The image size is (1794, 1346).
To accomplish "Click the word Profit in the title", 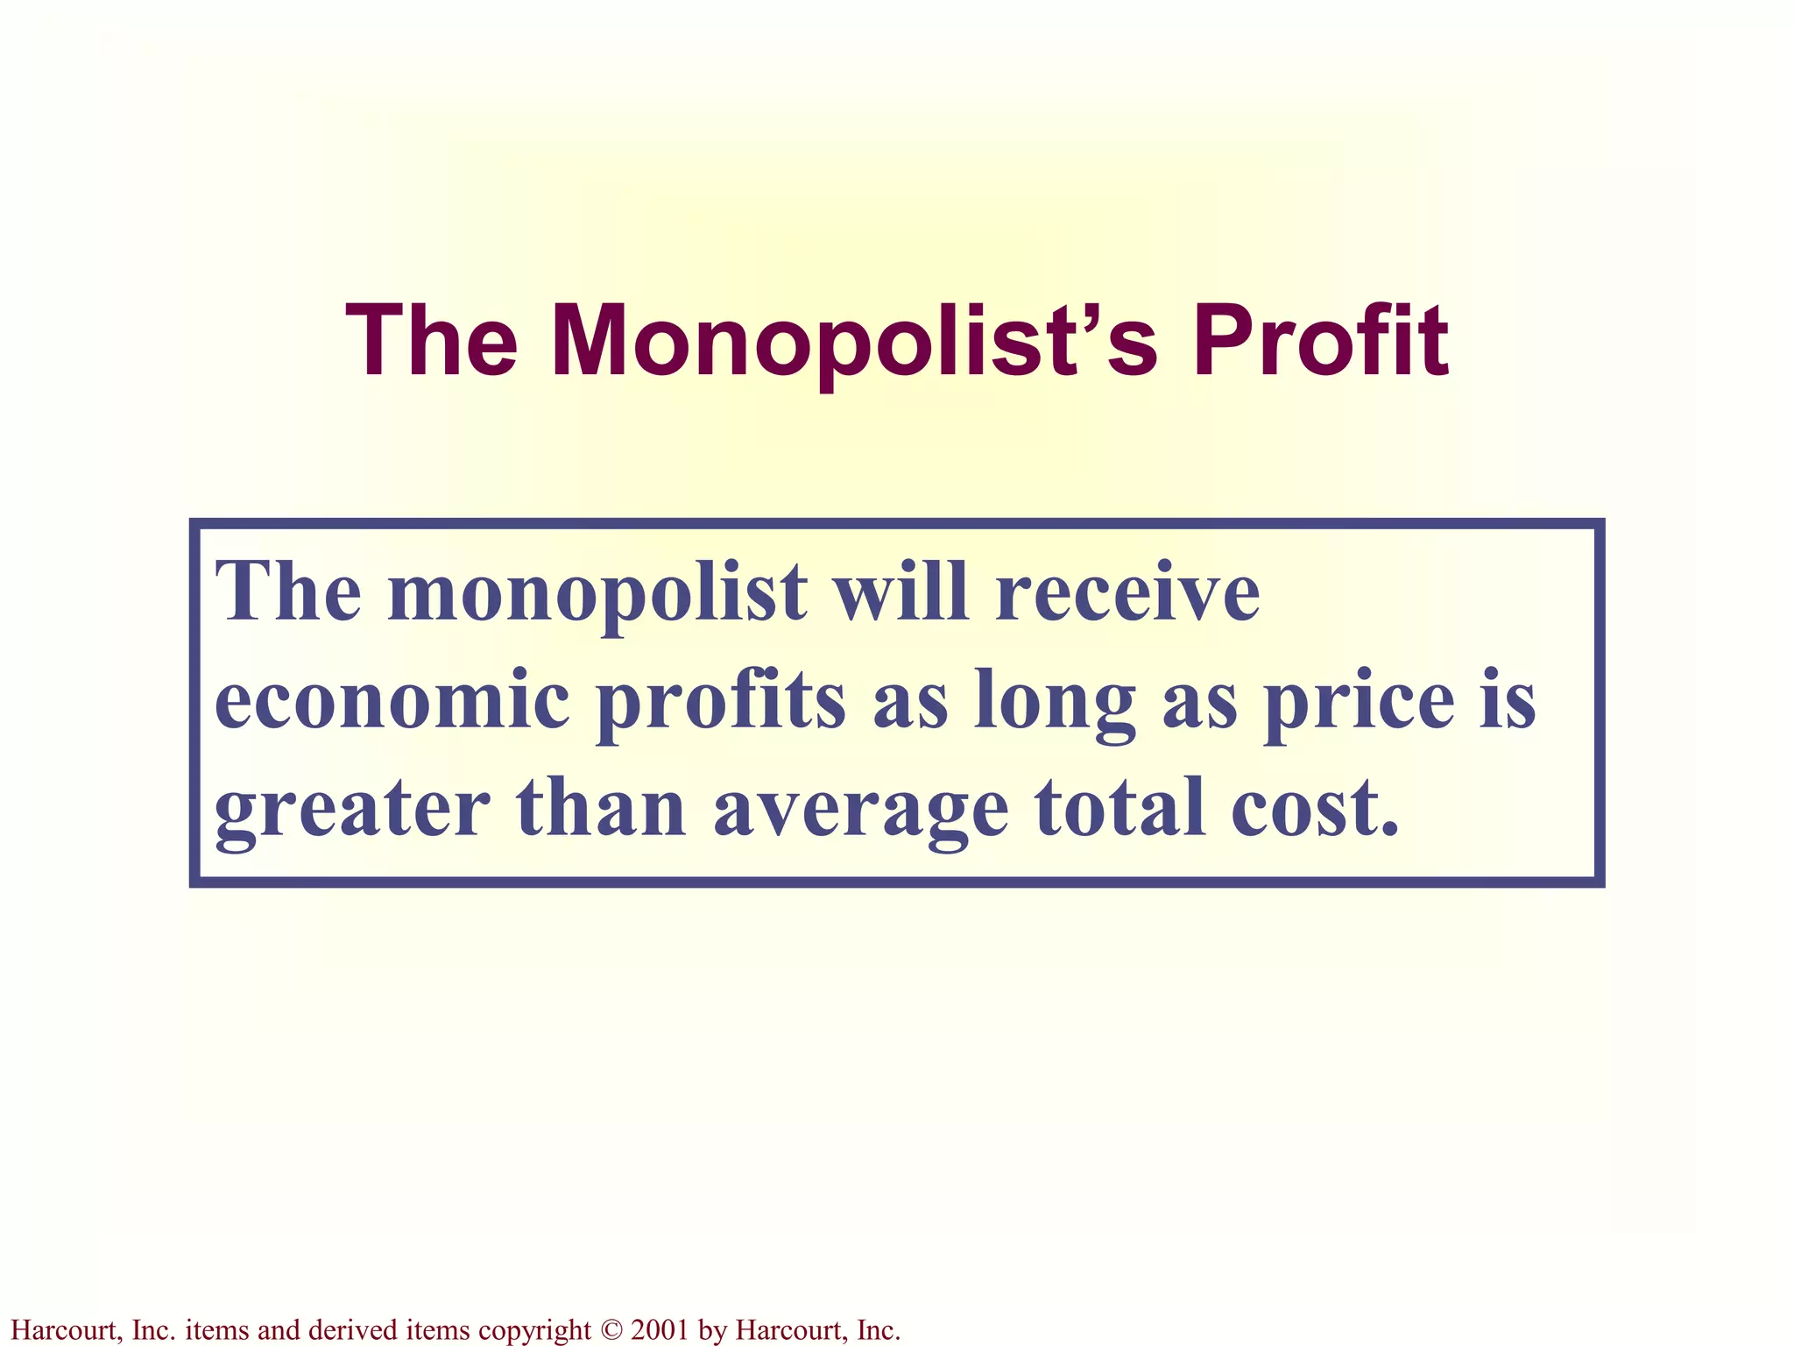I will pos(1320,341).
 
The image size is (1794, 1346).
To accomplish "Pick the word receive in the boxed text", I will pos(1128,592).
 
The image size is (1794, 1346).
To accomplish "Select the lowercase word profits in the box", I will pos(721,701).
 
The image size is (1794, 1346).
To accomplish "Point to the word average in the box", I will pos(860,810).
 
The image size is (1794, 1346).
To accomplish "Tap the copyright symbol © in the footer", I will pos(611,1329).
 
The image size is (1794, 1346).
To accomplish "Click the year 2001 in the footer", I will pos(660,1329).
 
